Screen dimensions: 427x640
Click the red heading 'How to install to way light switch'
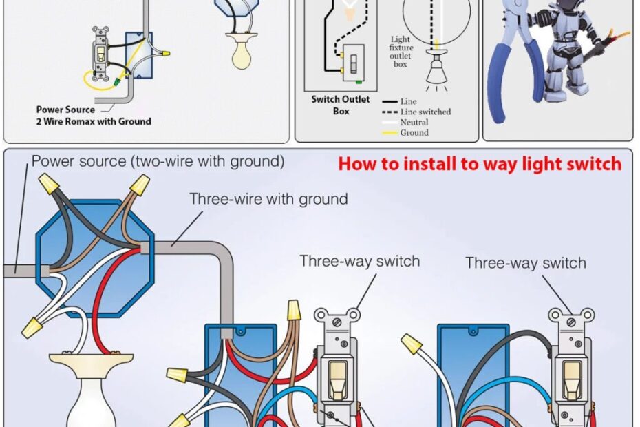click(x=480, y=164)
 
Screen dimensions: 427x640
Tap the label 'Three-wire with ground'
click(x=268, y=200)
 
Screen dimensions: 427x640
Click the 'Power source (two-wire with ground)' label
click(x=158, y=162)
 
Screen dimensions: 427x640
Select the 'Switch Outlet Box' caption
click(x=340, y=105)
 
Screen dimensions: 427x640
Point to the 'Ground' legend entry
click(x=414, y=132)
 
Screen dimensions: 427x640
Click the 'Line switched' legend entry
click(x=425, y=112)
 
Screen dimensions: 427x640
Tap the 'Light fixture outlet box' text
click(x=401, y=52)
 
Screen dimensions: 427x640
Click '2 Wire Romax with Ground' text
click(x=94, y=121)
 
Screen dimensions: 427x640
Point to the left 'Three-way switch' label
click(x=359, y=262)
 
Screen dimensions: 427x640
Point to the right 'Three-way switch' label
click(x=526, y=263)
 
